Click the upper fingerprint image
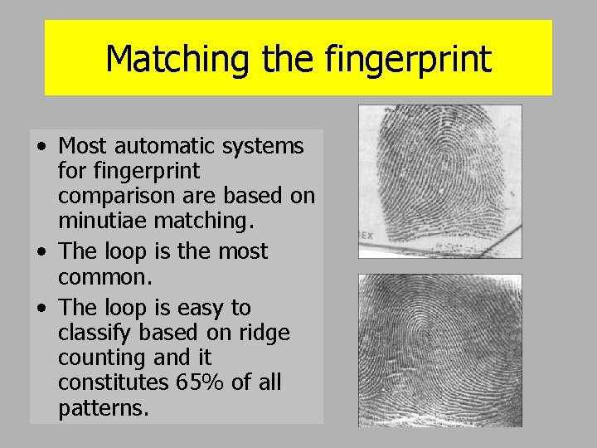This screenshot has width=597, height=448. (x=439, y=182)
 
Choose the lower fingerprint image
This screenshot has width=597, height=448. (x=439, y=350)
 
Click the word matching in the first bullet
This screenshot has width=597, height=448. (x=211, y=222)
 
